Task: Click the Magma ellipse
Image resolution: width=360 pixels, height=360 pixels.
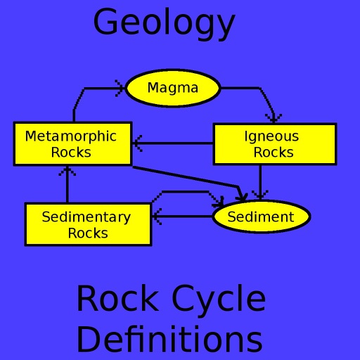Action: (x=173, y=88)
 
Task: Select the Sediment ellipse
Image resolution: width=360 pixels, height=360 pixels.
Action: (x=262, y=217)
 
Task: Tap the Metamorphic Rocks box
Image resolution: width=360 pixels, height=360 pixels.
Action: (x=72, y=144)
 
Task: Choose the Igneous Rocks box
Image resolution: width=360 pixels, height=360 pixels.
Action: (x=275, y=144)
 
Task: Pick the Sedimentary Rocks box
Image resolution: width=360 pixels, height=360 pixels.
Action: (x=88, y=224)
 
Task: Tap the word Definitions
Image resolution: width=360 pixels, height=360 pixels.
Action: (x=169, y=339)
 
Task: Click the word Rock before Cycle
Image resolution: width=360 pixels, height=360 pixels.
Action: (x=117, y=297)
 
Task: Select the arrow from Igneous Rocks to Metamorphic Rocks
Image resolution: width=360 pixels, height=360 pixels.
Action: (x=173, y=143)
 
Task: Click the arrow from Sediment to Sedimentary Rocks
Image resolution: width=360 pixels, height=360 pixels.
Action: (x=182, y=217)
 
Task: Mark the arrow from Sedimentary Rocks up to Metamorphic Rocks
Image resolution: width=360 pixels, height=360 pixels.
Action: (x=67, y=184)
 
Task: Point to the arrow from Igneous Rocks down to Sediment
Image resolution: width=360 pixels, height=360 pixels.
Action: (x=260, y=183)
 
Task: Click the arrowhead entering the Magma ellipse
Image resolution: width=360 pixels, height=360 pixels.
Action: (x=120, y=89)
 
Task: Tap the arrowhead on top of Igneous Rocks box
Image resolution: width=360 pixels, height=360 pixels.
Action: (x=274, y=118)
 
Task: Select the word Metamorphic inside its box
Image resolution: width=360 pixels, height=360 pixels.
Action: (x=71, y=137)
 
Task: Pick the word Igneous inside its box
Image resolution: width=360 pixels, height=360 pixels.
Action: (x=271, y=137)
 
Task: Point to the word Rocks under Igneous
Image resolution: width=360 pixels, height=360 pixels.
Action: (x=274, y=153)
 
